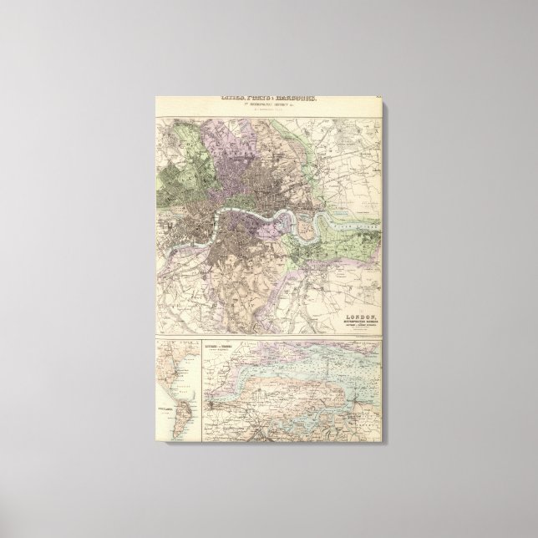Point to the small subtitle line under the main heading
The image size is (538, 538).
[268, 107]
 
